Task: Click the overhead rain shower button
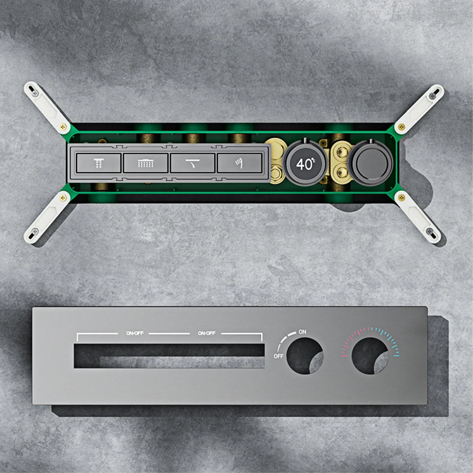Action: point(99,163)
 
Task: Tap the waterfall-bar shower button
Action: point(146,163)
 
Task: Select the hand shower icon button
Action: point(239,163)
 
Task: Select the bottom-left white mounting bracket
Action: point(47,217)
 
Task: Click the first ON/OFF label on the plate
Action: point(135,333)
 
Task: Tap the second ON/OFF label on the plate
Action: point(207,333)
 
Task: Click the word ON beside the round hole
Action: point(302,332)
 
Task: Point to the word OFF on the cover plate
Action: point(278,356)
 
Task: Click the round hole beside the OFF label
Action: point(305,356)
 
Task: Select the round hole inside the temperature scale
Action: point(370,356)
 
